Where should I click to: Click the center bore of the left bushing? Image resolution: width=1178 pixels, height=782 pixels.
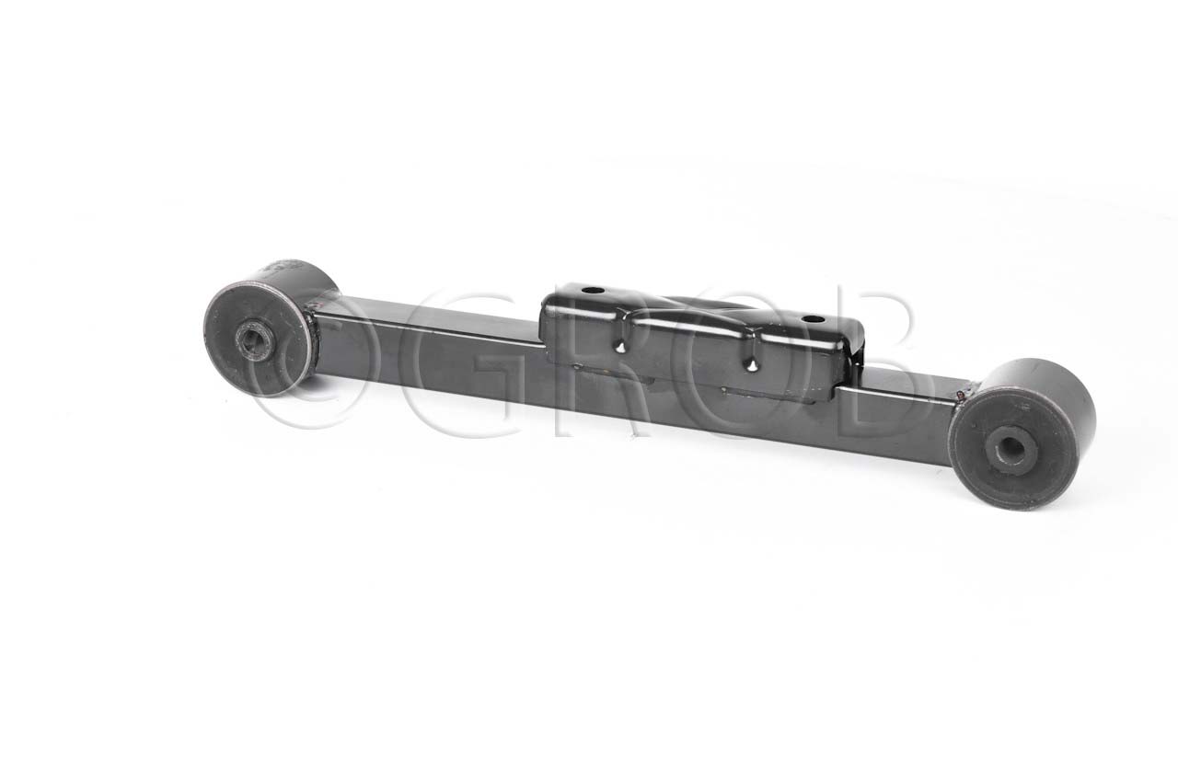point(254,340)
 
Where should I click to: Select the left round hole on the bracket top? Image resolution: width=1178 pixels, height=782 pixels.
point(593,290)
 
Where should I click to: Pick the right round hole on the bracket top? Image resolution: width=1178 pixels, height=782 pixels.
point(813,319)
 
